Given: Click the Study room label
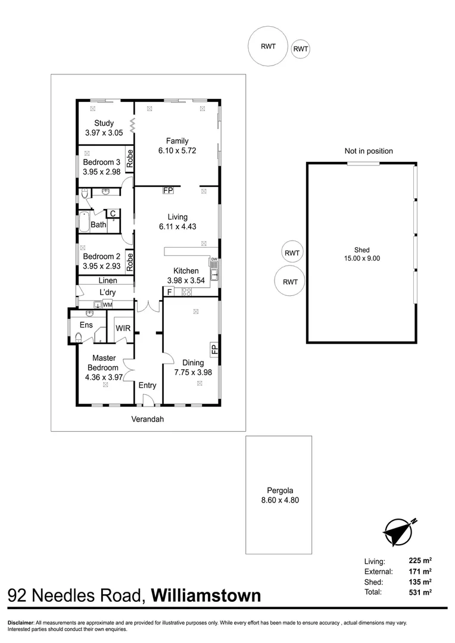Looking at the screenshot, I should [104, 123].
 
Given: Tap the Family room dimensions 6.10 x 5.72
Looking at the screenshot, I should [177, 151].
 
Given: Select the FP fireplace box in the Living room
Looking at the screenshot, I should [168, 191].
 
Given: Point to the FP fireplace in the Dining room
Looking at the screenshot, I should [214, 349].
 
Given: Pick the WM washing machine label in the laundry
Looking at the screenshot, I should [107, 305].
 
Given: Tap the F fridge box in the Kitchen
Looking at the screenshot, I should [169, 292].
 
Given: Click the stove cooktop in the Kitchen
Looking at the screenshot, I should [186, 292].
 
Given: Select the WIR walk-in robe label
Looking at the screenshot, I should [123, 328].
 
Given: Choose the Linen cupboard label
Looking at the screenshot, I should [107, 280].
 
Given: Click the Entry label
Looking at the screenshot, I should [147, 385].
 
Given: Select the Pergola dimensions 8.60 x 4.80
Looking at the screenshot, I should [279, 500].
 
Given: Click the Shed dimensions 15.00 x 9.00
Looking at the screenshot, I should [361, 258].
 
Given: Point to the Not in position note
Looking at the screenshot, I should [369, 151].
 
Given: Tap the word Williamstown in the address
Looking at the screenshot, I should [205, 595].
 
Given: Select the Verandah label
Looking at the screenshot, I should [147, 419].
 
